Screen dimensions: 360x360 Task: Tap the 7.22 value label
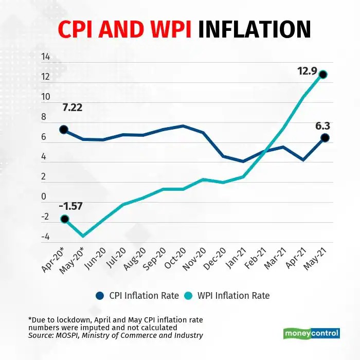pyautogui.click(x=73, y=109)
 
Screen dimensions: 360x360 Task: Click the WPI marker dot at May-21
pyautogui.click(x=323, y=75)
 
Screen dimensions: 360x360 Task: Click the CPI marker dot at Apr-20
pyautogui.click(x=64, y=130)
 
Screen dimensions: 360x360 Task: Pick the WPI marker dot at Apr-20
pyautogui.click(x=64, y=219)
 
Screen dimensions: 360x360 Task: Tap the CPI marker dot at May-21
pyautogui.click(x=325, y=137)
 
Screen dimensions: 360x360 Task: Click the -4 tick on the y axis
pyautogui.click(x=45, y=237)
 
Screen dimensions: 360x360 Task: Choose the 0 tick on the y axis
pyautogui.click(x=44, y=197)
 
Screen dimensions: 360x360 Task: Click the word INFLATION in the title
pyautogui.click(x=254, y=29)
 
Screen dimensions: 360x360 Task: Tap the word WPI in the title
pyautogui.click(x=167, y=29)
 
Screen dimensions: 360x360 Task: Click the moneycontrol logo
pyautogui.click(x=312, y=333)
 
